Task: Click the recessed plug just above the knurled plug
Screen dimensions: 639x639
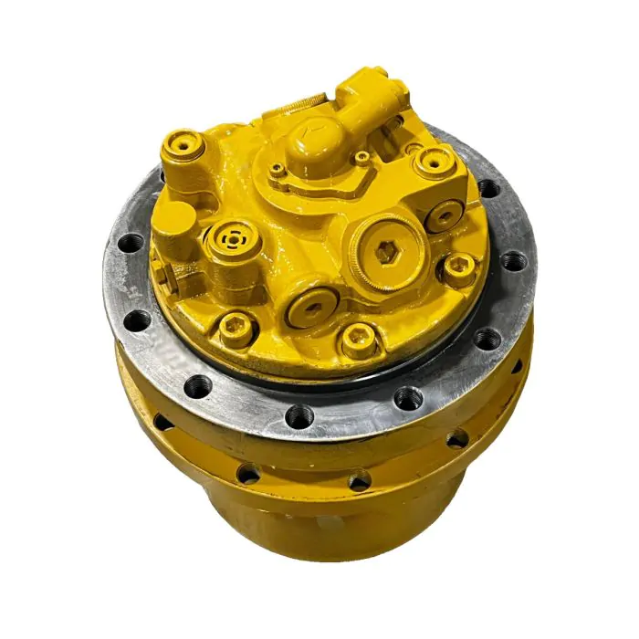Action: pos(445,215)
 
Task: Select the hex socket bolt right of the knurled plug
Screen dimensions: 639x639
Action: pos(458,268)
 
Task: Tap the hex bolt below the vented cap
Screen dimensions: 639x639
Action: pos(236,324)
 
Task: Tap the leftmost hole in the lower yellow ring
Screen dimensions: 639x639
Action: pos(162,421)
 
